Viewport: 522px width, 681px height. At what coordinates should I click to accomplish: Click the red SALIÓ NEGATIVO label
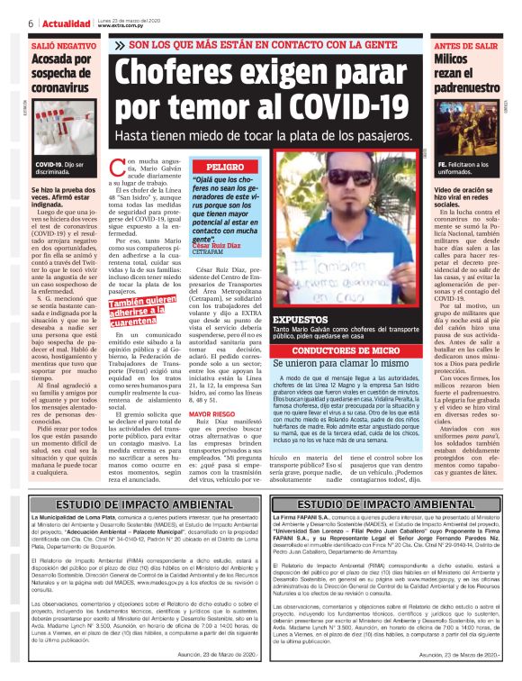[63, 44]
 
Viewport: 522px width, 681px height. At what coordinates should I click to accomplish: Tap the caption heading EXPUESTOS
[299, 319]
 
